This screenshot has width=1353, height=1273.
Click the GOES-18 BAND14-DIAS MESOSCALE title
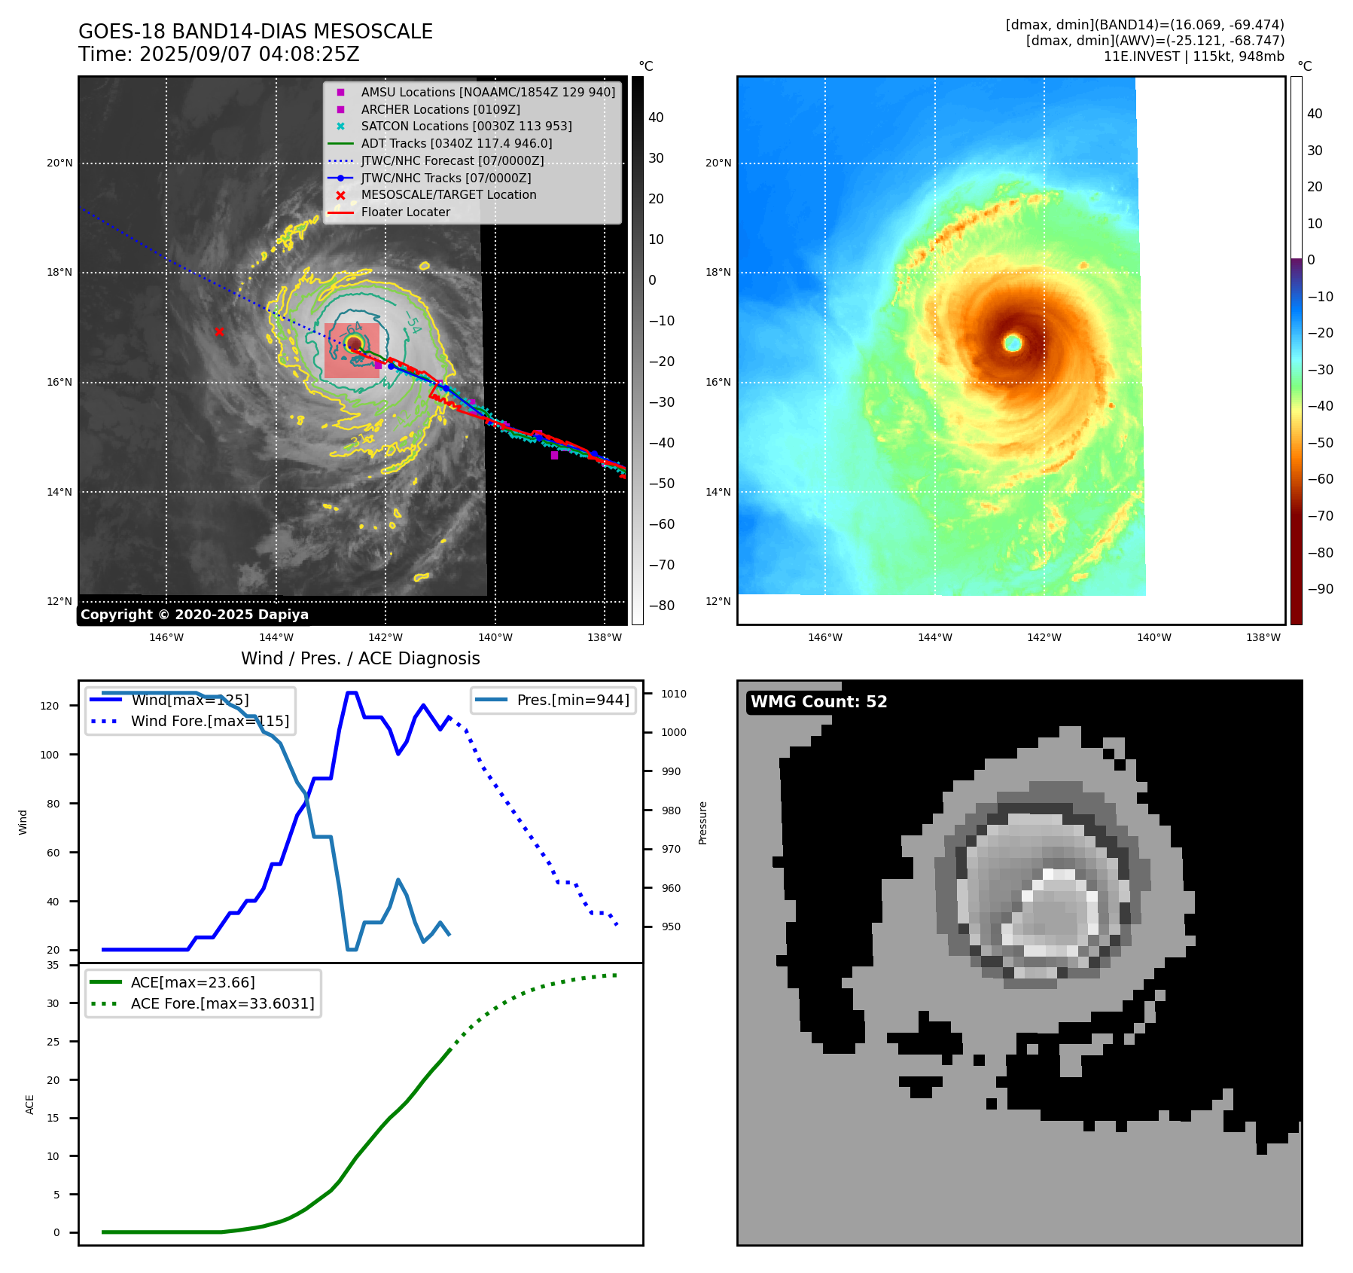point(255,32)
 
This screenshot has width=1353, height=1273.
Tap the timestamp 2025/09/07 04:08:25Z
point(249,55)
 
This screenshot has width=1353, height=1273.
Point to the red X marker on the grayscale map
point(219,332)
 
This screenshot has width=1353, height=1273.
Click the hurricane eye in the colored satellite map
point(1013,343)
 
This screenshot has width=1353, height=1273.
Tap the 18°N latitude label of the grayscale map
point(59,273)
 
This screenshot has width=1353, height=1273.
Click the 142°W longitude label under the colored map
point(1044,638)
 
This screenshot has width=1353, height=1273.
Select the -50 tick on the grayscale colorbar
point(662,484)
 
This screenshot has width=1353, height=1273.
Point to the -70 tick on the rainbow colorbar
point(1320,516)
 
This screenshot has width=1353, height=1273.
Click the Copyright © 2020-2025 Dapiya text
point(194,615)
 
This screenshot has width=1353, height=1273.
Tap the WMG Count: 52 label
point(818,702)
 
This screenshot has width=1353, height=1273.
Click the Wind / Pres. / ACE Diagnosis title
point(360,659)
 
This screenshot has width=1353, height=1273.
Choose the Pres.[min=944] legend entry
point(572,701)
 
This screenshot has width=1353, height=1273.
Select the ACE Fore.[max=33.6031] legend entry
point(222,1004)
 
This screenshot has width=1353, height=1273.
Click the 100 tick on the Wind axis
point(50,755)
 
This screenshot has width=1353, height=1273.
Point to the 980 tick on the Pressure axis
point(671,811)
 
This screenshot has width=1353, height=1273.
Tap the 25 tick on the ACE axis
point(53,1042)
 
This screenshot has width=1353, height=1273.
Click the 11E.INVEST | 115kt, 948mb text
point(1193,56)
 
